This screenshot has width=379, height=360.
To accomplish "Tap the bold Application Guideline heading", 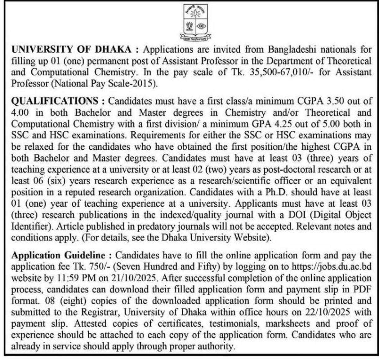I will [x=58, y=256].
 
